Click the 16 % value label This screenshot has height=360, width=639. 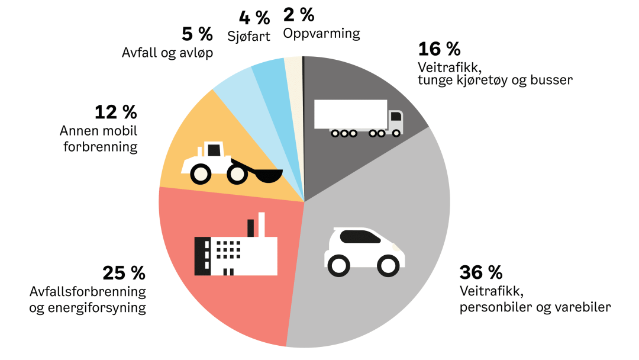pos(439,49)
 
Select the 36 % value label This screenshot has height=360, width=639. pos(480,273)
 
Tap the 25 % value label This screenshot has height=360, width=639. pos(124,273)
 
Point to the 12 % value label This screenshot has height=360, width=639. pos(115,111)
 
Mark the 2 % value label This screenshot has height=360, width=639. pos(299,14)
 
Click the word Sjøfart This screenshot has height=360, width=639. pos(248,36)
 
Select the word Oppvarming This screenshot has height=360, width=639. pos(321,34)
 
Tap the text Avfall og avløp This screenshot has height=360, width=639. pos(167,53)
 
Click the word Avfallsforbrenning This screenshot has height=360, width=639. pos(88,292)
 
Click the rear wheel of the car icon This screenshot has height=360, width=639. pos(339,265)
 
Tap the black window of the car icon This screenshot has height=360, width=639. pos(359,237)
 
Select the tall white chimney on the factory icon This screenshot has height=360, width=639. pos(262,224)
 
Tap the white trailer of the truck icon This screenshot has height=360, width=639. pos(350,114)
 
